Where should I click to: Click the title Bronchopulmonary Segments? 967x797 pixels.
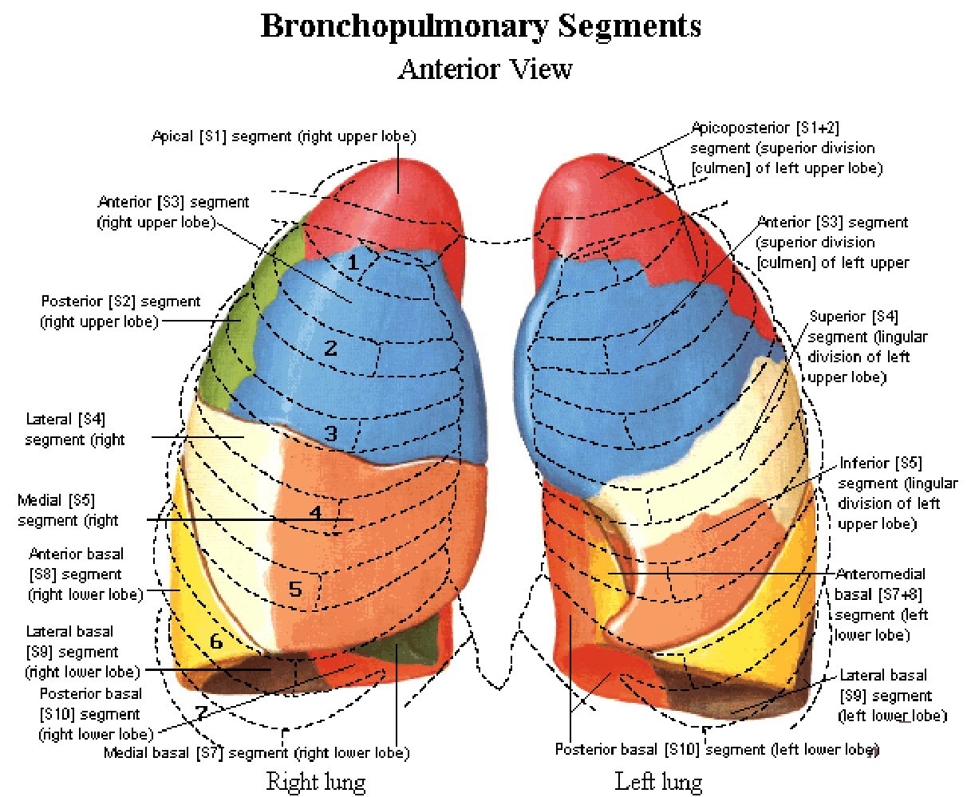coord(481,26)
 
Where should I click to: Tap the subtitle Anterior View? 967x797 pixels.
coord(485,69)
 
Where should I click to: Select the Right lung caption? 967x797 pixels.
coord(316,782)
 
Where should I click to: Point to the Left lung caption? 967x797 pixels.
coord(658,782)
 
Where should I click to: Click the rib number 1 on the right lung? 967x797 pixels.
coord(353,262)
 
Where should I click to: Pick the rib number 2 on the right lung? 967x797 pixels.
coord(330,348)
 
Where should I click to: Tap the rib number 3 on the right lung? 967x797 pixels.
coord(330,433)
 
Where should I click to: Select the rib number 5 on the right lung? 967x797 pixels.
coord(295,589)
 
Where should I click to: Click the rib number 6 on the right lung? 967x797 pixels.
coord(216,641)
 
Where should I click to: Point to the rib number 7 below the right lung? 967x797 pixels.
coord(201,712)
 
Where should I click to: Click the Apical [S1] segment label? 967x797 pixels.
coord(284,136)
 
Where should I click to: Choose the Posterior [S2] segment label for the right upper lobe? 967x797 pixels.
coord(120,311)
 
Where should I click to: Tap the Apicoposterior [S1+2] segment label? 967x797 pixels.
coord(787,148)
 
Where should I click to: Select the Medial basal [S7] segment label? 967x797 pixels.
coord(257,752)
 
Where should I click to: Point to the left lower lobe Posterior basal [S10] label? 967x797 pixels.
coord(717,749)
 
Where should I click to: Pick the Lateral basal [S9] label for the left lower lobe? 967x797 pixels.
coord(893,696)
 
